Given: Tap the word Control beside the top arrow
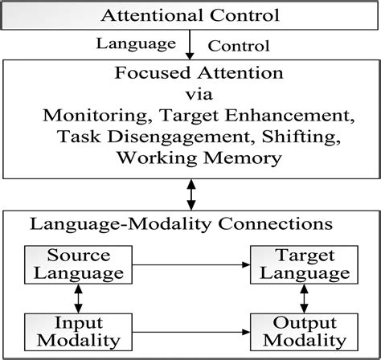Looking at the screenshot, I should tap(240, 45).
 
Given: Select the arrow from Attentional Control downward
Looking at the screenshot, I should tap(190, 45).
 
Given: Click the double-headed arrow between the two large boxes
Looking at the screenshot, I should tap(190, 194).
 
